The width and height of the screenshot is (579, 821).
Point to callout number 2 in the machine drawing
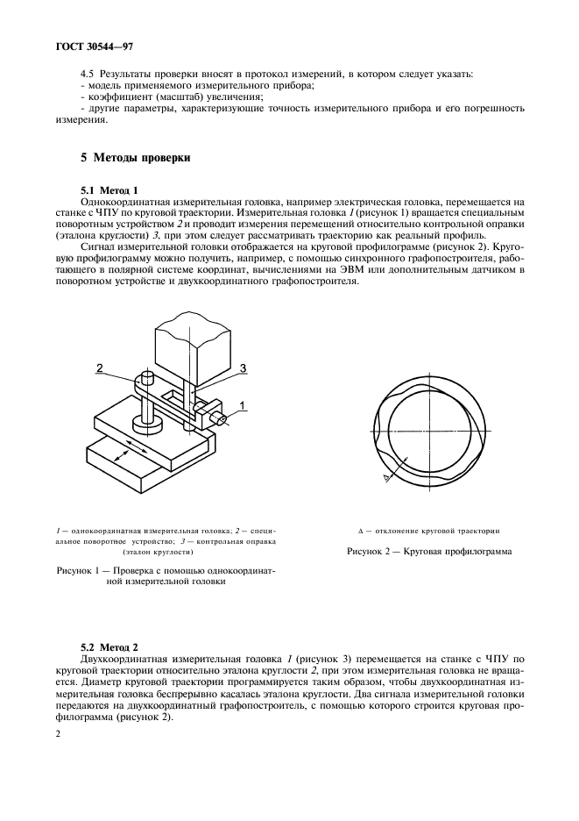point(101,369)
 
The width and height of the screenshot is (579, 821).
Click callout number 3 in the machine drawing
point(243,367)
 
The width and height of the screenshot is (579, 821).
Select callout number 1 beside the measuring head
point(243,404)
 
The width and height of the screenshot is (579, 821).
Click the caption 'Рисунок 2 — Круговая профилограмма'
point(429,552)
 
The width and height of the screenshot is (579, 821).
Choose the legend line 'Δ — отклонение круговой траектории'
point(429,532)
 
